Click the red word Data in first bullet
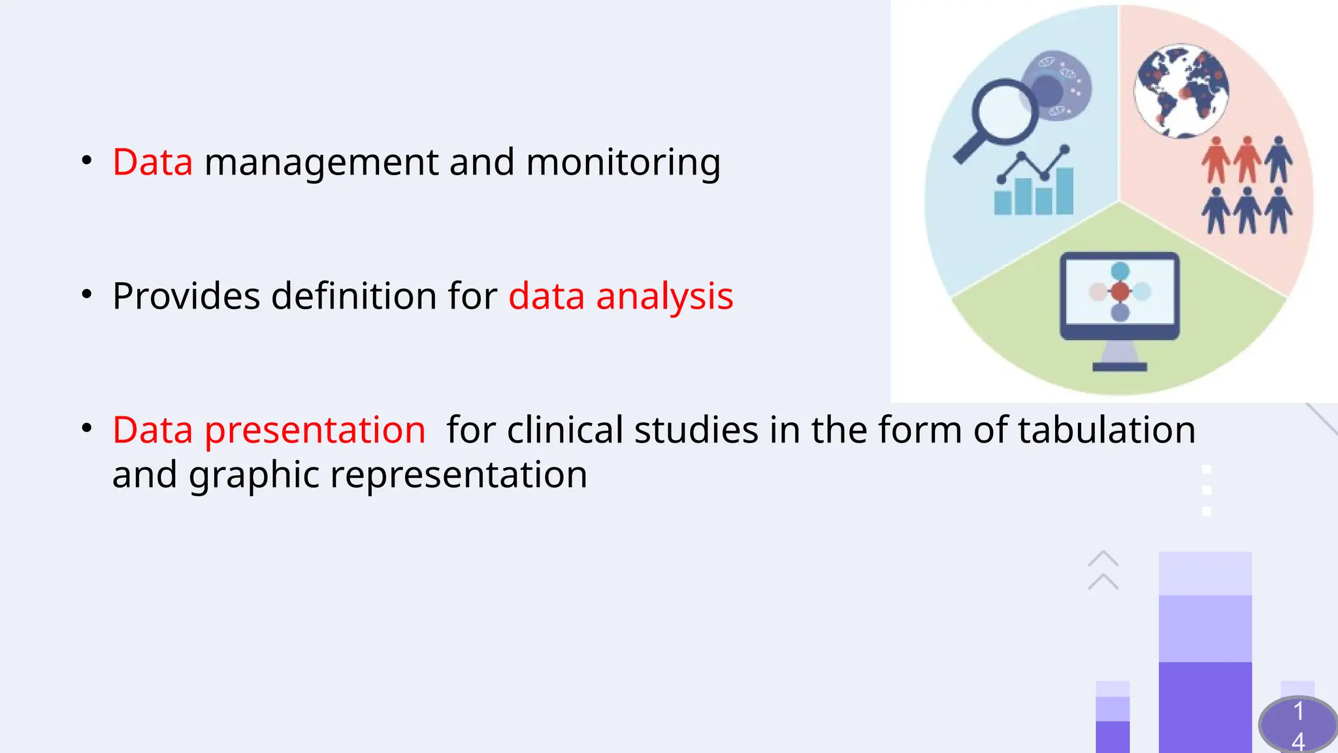152,162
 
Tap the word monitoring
623,163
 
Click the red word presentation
315,431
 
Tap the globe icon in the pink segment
1181,91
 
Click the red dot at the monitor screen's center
1120,291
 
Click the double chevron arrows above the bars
1103,570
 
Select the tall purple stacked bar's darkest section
1205,706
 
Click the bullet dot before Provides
87,295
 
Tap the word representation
459,475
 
